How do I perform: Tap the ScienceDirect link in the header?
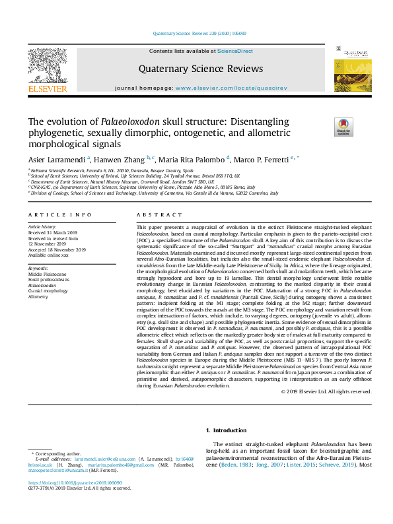[x=235, y=51]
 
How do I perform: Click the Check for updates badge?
[x=343, y=127]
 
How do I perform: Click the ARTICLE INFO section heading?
[x=60, y=215]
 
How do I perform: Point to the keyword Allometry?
[x=38, y=297]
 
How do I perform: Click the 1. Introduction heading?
[x=227, y=431]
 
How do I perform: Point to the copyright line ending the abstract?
[x=336, y=391]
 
